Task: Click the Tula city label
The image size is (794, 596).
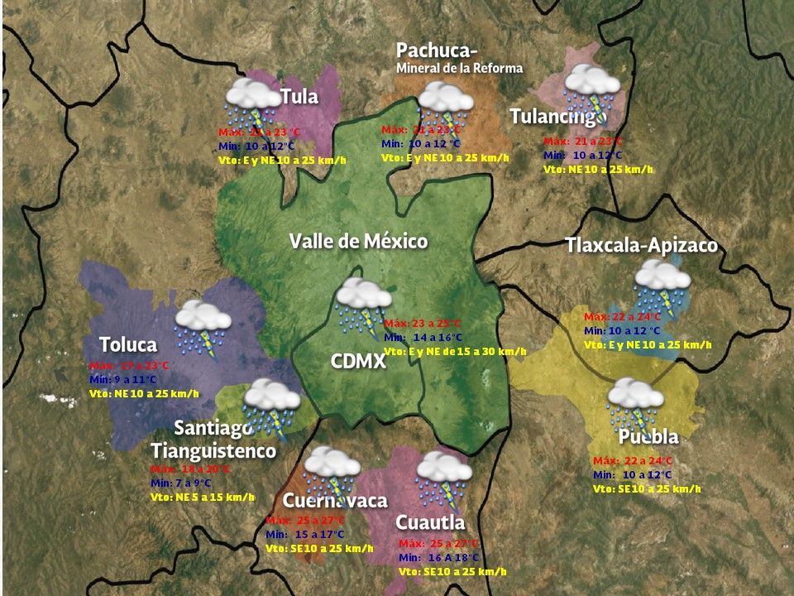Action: (x=299, y=96)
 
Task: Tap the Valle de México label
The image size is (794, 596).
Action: (x=358, y=241)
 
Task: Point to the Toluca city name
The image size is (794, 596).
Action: (x=128, y=344)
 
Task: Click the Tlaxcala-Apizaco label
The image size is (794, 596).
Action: (x=641, y=245)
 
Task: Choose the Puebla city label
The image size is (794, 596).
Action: (x=648, y=436)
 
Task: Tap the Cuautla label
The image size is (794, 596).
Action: (x=430, y=522)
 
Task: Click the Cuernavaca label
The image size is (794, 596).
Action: (x=335, y=501)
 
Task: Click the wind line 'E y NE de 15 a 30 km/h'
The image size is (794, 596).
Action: (x=455, y=352)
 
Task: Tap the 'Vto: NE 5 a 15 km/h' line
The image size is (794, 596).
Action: (x=203, y=497)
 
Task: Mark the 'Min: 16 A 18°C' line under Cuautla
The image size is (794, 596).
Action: (x=439, y=557)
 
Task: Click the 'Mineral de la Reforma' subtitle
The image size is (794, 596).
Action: (x=460, y=69)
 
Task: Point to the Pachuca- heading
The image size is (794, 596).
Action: (x=437, y=50)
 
